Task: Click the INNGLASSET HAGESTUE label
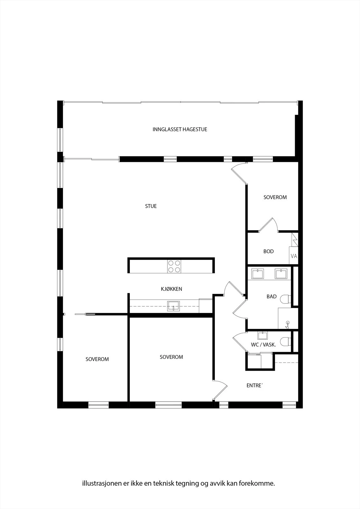point(180,129)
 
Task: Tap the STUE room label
point(151,206)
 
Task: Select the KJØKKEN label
point(171,289)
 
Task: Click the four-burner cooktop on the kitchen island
point(174,266)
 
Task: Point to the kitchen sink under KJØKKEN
point(173,306)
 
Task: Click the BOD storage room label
point(268,251)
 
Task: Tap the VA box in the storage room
point(293,255)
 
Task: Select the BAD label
point(272,296)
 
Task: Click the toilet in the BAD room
point(286,299)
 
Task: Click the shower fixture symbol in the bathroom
point(287,325)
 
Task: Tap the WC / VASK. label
point(263,345)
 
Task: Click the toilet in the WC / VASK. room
point(286,342)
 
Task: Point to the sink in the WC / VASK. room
point(262,335)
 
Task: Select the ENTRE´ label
point(254,386)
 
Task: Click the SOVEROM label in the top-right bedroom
point(275,197)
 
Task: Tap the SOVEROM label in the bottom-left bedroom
point(97,359)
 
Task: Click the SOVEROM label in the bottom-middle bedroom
point(171,357)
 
